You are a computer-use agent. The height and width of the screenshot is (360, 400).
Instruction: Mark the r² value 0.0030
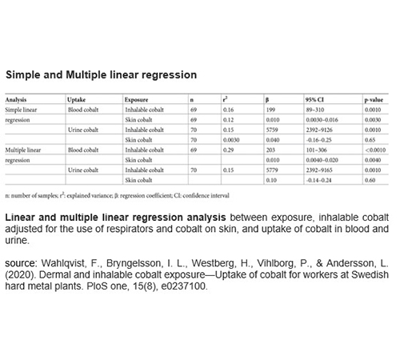[x=230, y=138]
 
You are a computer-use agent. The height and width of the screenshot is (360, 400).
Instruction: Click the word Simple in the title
[x=25, y=75]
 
